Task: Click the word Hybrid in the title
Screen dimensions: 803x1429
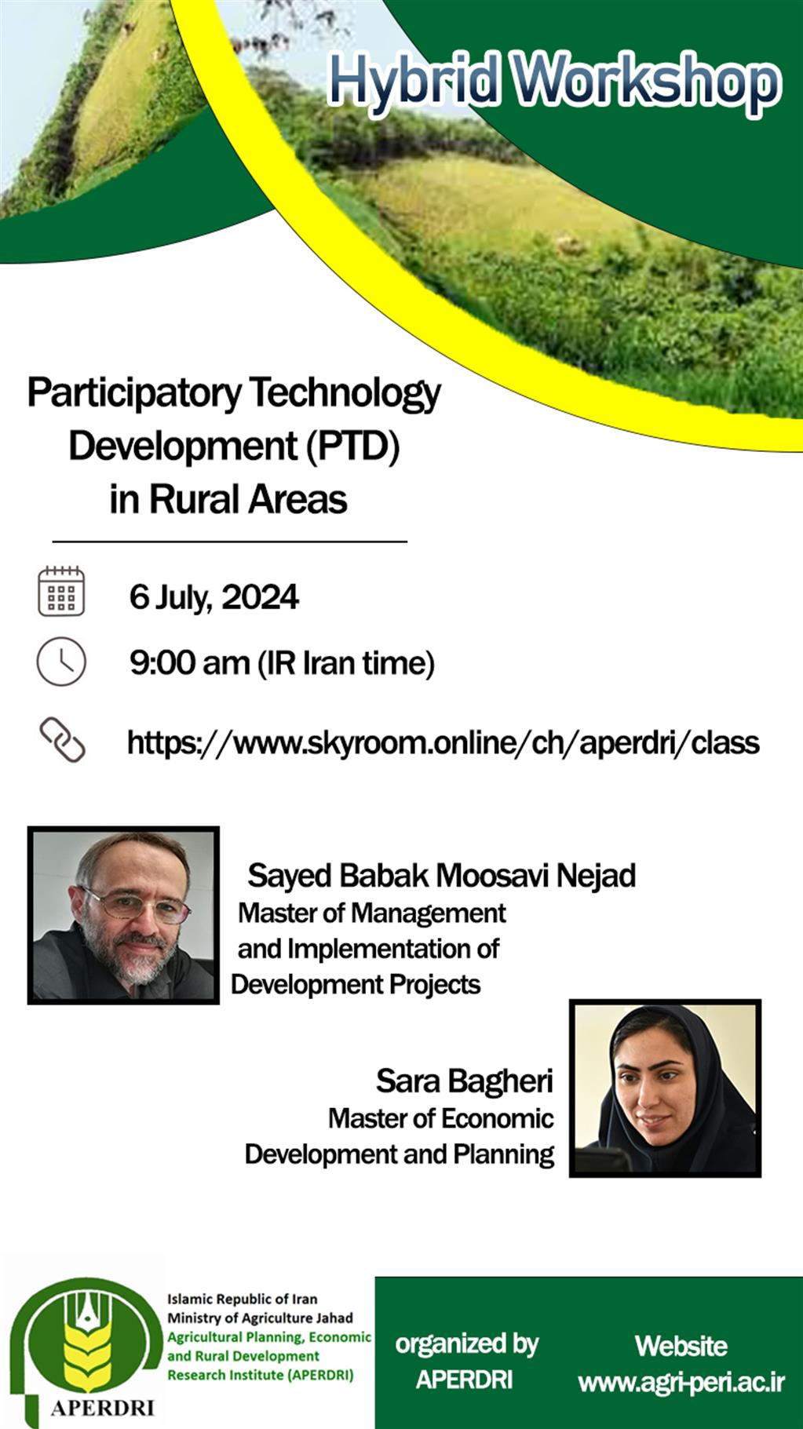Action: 414,82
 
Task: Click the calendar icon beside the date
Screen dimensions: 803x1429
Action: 61,591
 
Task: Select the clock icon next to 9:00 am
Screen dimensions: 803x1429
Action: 61,662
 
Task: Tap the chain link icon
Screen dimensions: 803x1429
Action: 62,740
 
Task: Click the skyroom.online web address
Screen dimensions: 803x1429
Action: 443,742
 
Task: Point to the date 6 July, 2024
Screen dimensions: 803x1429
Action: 214,597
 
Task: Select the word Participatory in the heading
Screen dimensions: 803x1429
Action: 134,394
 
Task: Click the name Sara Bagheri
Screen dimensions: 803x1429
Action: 465,1081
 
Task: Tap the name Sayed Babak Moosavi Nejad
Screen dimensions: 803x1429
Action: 442,876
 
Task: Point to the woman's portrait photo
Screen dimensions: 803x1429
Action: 665,1088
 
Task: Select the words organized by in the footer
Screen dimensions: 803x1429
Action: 467,1344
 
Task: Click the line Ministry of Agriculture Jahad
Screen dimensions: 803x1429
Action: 260,1318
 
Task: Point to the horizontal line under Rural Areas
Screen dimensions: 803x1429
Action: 230,541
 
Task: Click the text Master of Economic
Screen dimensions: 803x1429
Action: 441,1118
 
